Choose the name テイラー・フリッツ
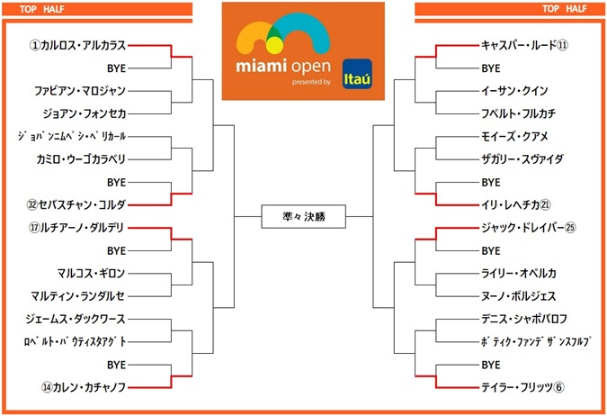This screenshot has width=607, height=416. tap(517, 388)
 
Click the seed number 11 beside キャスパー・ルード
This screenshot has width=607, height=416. tap(562, 44)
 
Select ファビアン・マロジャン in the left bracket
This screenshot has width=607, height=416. tap(80, 90)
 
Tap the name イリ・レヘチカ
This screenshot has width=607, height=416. tap(516, 203)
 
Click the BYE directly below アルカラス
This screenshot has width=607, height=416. tap(116, 68)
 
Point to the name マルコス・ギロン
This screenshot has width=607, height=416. tap(91, 273)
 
